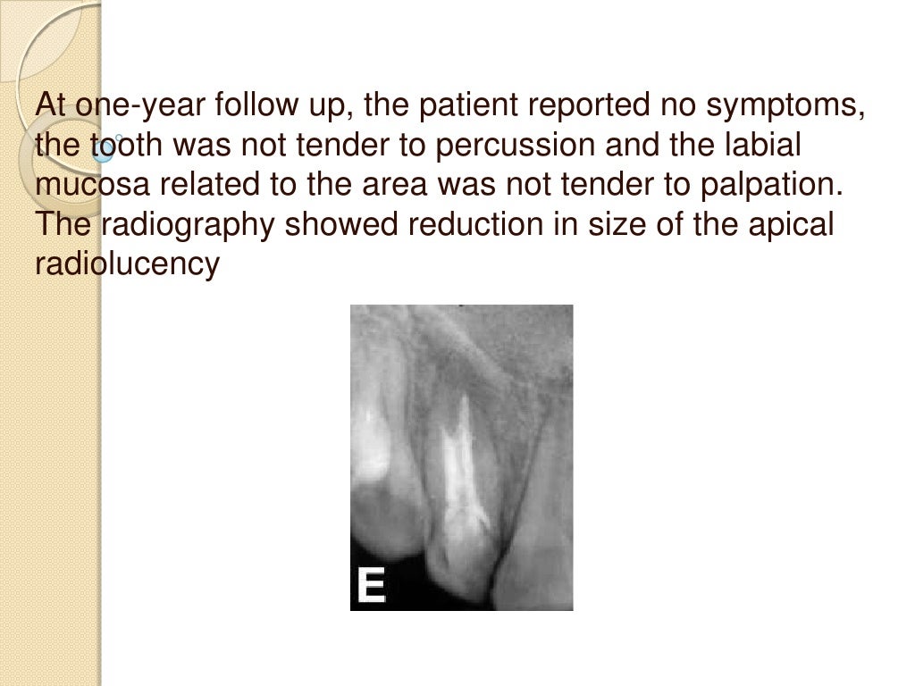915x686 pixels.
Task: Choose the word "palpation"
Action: point(766,185)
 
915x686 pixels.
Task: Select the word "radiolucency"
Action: point(126,264)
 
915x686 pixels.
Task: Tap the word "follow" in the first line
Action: point(259,106)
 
